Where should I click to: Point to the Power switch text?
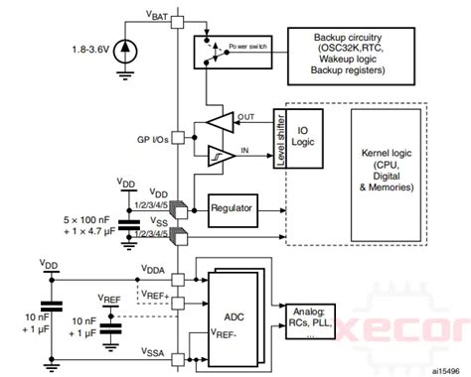pyautogui.click(x=251, y=46)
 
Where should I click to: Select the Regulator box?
pyautogui.click(x=233, y=208)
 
